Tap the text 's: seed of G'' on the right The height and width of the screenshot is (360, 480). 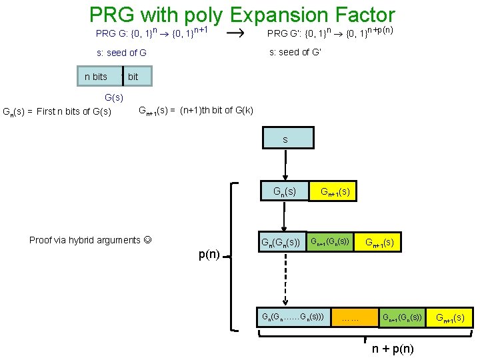tap(294, 53)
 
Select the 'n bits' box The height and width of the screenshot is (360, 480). tap(96, 77)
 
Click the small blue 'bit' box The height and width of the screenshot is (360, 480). tap(137, 77)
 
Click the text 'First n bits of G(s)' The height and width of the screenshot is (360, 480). tap(74, 111)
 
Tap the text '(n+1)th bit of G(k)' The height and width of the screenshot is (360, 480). tap(216, 110)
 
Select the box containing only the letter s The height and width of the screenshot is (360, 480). tap(285, 138)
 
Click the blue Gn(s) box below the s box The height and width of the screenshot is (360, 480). tap(285, 192)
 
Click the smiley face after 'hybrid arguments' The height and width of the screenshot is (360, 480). tap(147, 240)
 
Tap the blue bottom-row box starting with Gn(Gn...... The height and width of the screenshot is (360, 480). tap(293, 317)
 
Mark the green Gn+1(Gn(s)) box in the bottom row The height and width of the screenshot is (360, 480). tap(401, 317)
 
